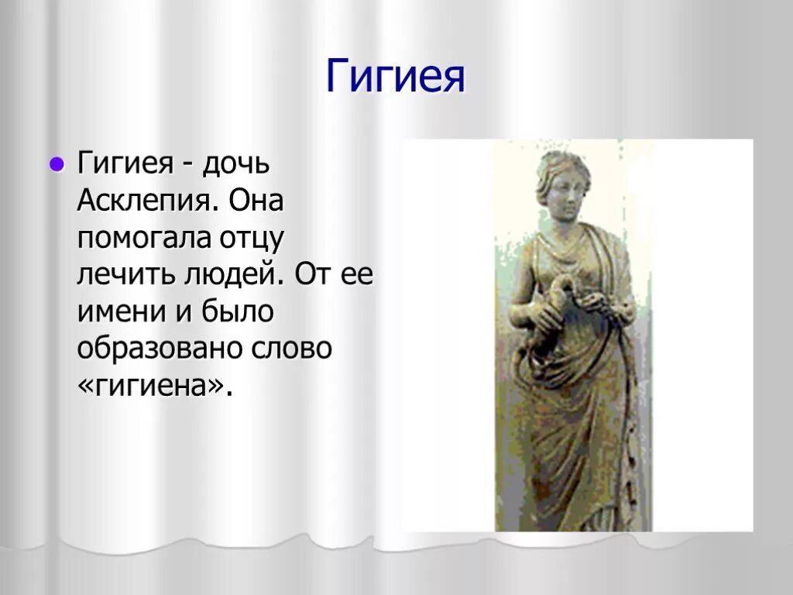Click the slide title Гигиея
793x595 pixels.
(395, 76)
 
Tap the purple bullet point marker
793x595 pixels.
(56, 164)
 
